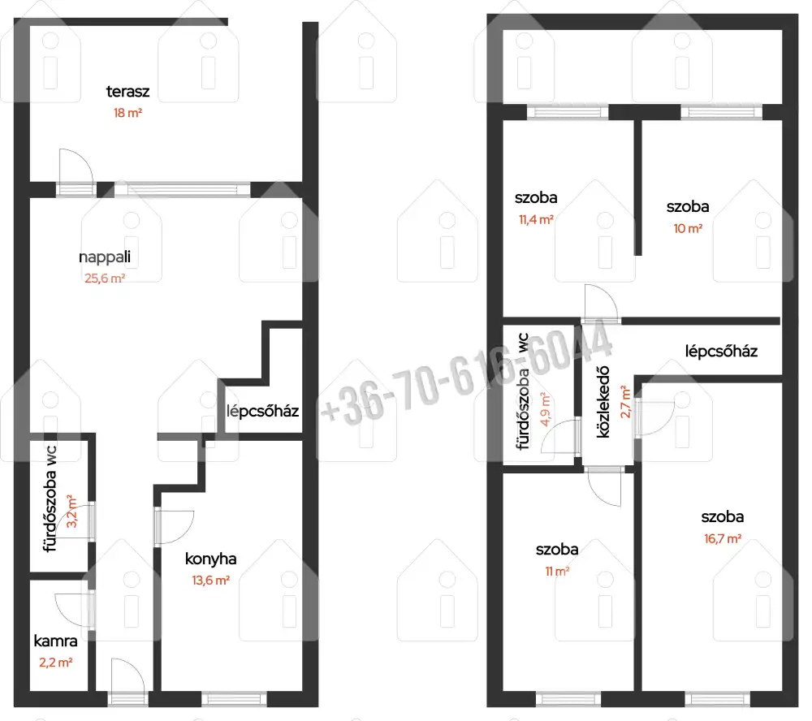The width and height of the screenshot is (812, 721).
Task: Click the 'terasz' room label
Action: pyautogui.click(x=128, y=92)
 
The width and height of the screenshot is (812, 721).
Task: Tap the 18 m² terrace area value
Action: pyautogui.click(x=128, y=113)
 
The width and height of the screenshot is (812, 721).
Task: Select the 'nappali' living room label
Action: pyautogui.click(x=105, y=257)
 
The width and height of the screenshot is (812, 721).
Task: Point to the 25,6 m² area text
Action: pyautogui.click(x=105, y=278)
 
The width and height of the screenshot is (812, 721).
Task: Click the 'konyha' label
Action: pyautogui.click(x=211, y=559)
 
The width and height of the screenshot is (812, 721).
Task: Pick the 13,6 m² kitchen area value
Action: pyautogui.click(x=211, y=581)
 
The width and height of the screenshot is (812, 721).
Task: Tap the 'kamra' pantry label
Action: pyautogui.click(x=55, y=641)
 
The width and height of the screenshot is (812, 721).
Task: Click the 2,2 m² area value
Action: pyautogui.click(x=55, y=663)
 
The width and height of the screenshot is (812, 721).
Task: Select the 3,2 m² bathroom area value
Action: pyautogui.click(x=71, y=512)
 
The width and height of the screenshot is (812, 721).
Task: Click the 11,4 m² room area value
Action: pyautogui.click(x=536, y=219)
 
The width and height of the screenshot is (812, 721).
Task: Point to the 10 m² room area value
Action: pyautogui.click(x=688, y=228)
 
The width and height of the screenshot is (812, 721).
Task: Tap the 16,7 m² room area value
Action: pyautogui.click(x=723, y=538)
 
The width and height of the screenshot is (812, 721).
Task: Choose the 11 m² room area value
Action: pyautogui.click(x=557, y=572)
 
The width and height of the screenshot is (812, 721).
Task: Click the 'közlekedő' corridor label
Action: pyautogui.click(x=603, y=402)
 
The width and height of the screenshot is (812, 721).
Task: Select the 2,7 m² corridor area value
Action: pyautogui.click(x=625, y=402)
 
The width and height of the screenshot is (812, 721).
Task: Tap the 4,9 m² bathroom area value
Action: pyautogui.click(x=545, y=409)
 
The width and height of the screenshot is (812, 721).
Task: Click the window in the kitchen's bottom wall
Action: pyautogui.click(x=234, y=699)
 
